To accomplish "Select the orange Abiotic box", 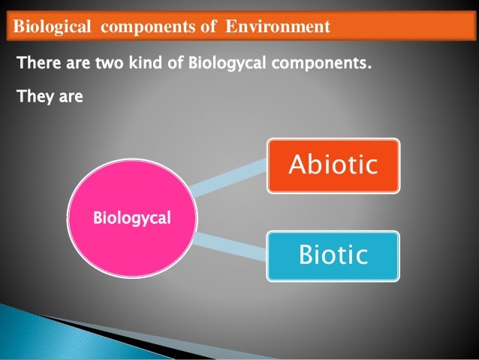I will pos(333,165).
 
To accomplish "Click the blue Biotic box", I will pos(333,256).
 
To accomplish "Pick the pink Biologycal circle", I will pos(131,219).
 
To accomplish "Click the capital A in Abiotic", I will pos(298,165).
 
